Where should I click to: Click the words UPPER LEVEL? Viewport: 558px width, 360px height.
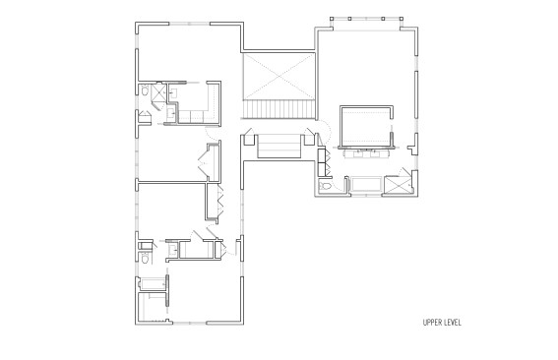442,323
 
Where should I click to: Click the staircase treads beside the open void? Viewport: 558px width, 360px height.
279,109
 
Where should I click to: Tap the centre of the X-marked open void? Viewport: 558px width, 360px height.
279,77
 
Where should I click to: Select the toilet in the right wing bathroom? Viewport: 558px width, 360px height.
326,186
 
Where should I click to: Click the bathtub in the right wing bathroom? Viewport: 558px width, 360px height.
366,184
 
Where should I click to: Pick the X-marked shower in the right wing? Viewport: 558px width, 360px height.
398,185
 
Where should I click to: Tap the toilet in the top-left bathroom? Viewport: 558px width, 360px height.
145,90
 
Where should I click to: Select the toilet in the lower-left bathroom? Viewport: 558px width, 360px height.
145,258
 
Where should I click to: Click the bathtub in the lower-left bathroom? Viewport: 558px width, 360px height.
153,284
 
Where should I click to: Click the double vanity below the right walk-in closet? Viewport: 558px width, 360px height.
365,153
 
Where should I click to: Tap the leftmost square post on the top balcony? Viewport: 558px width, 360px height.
332,19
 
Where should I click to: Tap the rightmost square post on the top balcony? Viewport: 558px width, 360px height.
402,19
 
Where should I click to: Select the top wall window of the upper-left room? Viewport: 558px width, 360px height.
189,24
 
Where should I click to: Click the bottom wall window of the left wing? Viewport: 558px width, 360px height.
189,323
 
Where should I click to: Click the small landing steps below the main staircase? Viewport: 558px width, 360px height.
279,147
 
